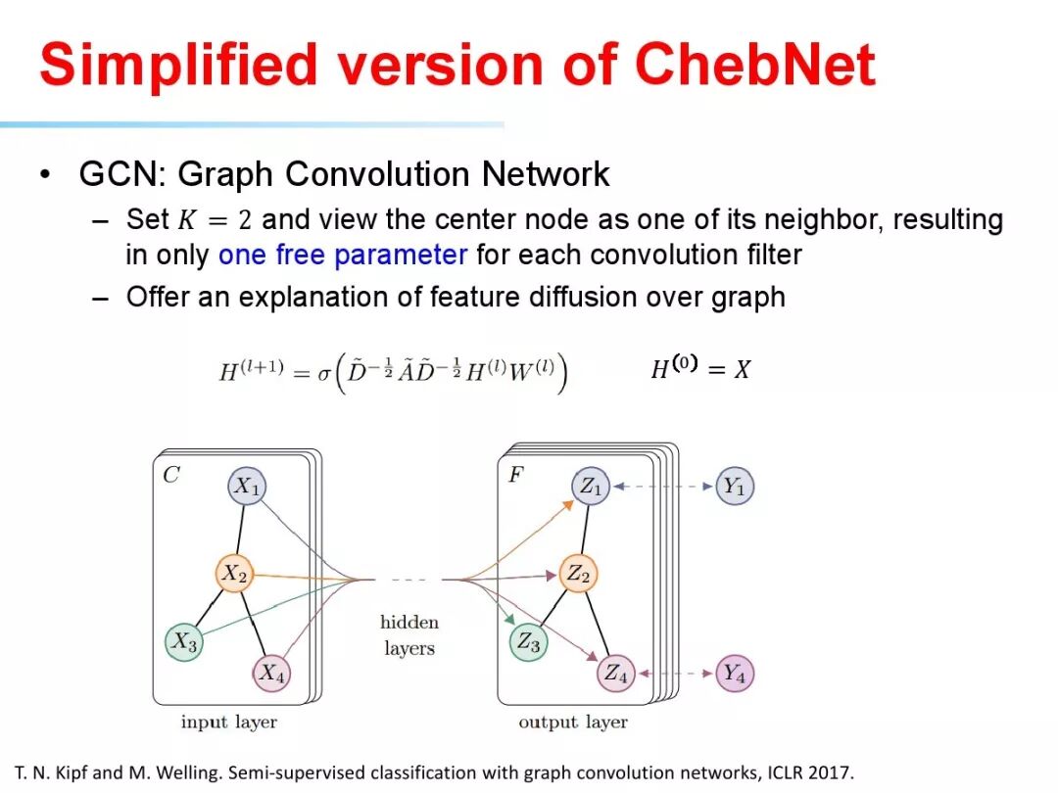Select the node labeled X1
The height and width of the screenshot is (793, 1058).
point(247,487)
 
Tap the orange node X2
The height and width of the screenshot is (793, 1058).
point(233,574)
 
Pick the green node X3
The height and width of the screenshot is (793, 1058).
point(183,642)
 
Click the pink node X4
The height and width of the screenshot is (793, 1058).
point(271,674)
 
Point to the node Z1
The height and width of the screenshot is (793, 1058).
point(591,487)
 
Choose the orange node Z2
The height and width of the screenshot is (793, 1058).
point(578,574)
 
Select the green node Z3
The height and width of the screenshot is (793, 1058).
point(528,642)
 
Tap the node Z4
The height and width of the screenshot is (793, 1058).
point(615,674)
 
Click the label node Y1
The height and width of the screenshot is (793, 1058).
point(735,487)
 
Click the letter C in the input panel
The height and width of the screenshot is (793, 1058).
point(171,476)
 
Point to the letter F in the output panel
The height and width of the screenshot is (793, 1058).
point(515,476)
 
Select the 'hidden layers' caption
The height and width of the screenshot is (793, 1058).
point(409,634)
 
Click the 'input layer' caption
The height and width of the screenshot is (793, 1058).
point(229,723)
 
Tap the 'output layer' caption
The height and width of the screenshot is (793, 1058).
point(573,723)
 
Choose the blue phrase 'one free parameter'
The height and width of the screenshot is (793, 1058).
point(343,256)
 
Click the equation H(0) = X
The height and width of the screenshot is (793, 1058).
point(700,368)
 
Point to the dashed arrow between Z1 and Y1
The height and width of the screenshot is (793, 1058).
point(663,487)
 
